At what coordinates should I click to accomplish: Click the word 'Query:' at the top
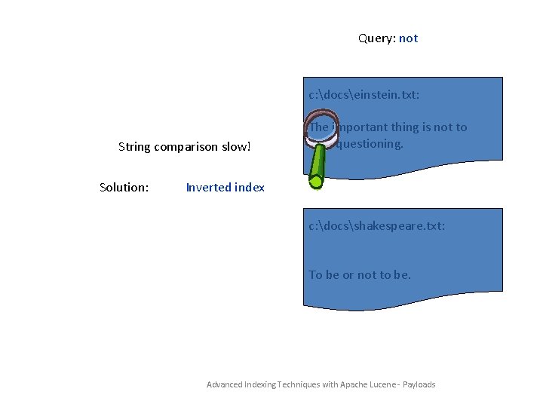click(x=376, y=38)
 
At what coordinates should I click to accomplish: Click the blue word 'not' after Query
click(x=408, y=38)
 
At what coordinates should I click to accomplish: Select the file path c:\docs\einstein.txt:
click(x=364, y=95)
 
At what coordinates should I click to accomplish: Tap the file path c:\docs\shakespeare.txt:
click(x=377, y=225)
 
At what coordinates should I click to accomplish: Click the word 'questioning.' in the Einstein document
click(x=370, y=144)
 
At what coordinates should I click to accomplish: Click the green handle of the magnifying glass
click(x=317, y=167)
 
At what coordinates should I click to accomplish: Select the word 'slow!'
click(x=235, y=147)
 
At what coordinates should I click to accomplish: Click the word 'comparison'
click(x=186, y=147)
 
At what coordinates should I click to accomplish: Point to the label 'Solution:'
click(x=124, y=188)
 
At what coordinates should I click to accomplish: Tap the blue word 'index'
click(x=250, y=188)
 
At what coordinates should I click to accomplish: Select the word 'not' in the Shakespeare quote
click(x=367, y=275)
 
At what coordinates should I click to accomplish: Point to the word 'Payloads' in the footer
click(x=419, y=385)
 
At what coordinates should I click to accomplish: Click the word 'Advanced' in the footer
click(x=225, y=385)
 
